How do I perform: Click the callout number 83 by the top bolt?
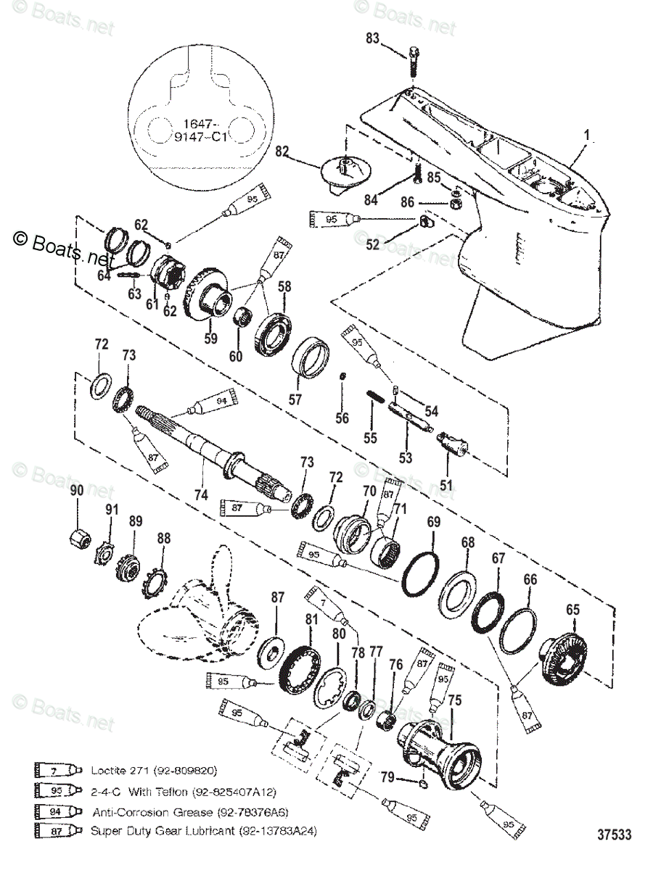tap(372, 40)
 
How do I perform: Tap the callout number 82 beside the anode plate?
tap(282, 152)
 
